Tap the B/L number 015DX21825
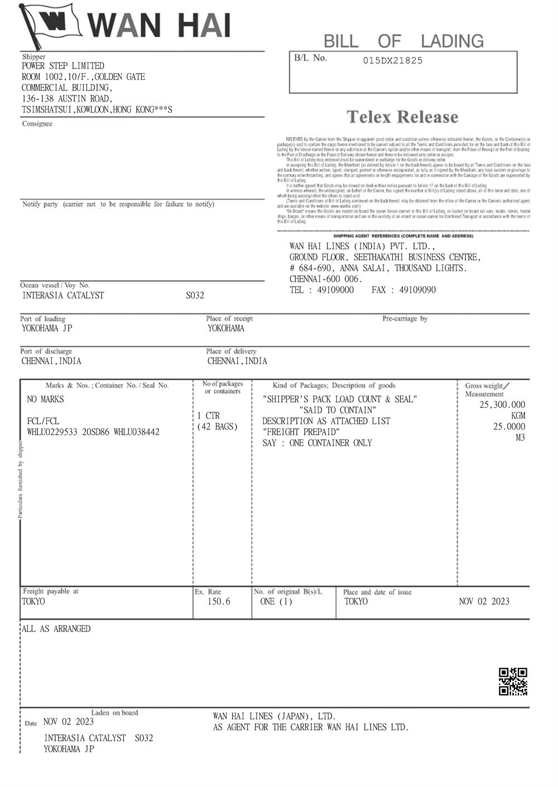click(x=392, y=61)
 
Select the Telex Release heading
click(x=402, y=117)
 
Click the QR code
click(x=512, y=682)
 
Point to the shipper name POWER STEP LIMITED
click(x=63, y=66)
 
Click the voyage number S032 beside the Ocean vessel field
click(x=195, y=296)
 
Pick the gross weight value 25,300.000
click(x=502, y=405)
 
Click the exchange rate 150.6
click(x=219, y=602)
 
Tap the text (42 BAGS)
click(x=218, y=427)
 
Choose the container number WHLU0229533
click(x=53, y=432)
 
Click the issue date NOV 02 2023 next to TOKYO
click(x=484, y=601)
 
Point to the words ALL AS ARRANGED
click(x=56, y=629)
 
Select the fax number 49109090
click(x=417, y=290)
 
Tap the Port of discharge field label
click(x=46, y=351)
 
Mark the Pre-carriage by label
click(x=405, y=318)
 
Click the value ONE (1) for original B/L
click(x=276, y=602)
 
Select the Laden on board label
click(x=114, y=712)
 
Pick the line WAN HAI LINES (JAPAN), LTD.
click(x=274, y=716)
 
